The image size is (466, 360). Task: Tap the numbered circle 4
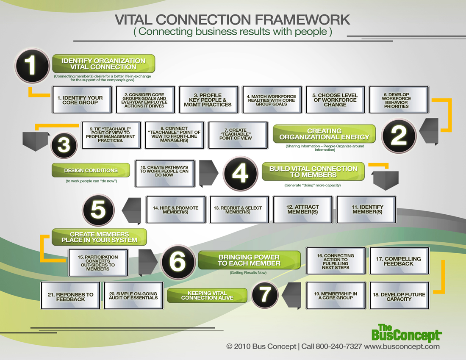coord(240,174)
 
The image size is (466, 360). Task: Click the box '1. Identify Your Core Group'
coord(82,100)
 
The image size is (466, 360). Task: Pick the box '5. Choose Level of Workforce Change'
coord(335,100)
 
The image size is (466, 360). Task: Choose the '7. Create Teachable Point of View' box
coord(238,135)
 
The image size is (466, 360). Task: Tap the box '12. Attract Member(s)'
coord(303,210)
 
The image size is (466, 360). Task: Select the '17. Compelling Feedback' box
coord(399,261)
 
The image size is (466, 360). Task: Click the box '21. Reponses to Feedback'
coord(70,296)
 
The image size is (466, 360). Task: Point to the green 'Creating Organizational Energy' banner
coord(324,134)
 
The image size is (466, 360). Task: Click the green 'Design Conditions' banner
coord(91,170)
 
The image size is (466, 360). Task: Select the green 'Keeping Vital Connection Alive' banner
coord(207,295)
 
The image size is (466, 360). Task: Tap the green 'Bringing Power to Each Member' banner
coord(249,260)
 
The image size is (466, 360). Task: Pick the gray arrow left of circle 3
coord(36,140)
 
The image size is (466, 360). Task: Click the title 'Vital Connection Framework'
coord(233,19)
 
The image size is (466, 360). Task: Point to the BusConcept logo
coord(406,333)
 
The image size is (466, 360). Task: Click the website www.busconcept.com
coord(402,346)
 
